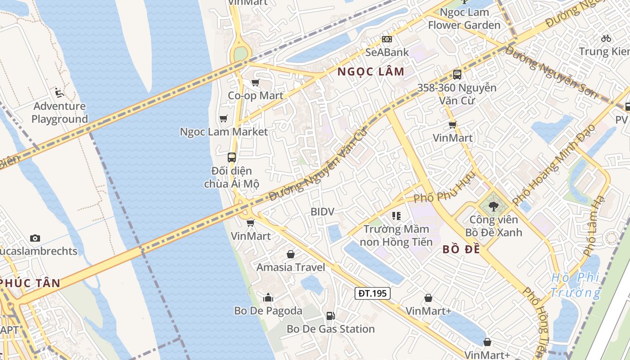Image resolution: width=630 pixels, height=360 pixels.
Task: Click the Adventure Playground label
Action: point(59,112)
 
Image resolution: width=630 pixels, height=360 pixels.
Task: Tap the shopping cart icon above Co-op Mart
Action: point(255,82)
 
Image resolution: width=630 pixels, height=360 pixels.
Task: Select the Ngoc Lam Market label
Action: point(224,132)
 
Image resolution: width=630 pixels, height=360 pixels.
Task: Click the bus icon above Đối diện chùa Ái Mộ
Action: point(232,157)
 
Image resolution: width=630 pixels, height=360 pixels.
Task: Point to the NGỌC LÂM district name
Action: point(371,72)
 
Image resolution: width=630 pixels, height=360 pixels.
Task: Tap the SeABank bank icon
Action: point(387,39)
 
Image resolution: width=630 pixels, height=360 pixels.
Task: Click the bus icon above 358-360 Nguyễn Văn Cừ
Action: point(457,75)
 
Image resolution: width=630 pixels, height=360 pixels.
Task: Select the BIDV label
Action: point(323,211)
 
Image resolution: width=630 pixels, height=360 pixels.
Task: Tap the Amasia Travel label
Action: point(291,267)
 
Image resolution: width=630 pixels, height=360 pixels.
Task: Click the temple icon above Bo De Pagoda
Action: point(268,297)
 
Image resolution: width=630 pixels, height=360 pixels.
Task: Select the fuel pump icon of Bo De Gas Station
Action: point(330,316)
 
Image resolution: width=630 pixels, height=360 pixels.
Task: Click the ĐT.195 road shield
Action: point(372,293)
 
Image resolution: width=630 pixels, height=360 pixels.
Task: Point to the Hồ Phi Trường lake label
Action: point(576,285)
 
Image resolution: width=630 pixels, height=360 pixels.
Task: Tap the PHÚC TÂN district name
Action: point(30,283)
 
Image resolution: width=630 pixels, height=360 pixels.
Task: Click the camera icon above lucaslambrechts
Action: point(35,238)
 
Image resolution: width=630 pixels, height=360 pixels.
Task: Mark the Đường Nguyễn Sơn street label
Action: point(551,72)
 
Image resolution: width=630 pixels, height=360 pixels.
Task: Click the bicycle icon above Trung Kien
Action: point(606,39)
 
